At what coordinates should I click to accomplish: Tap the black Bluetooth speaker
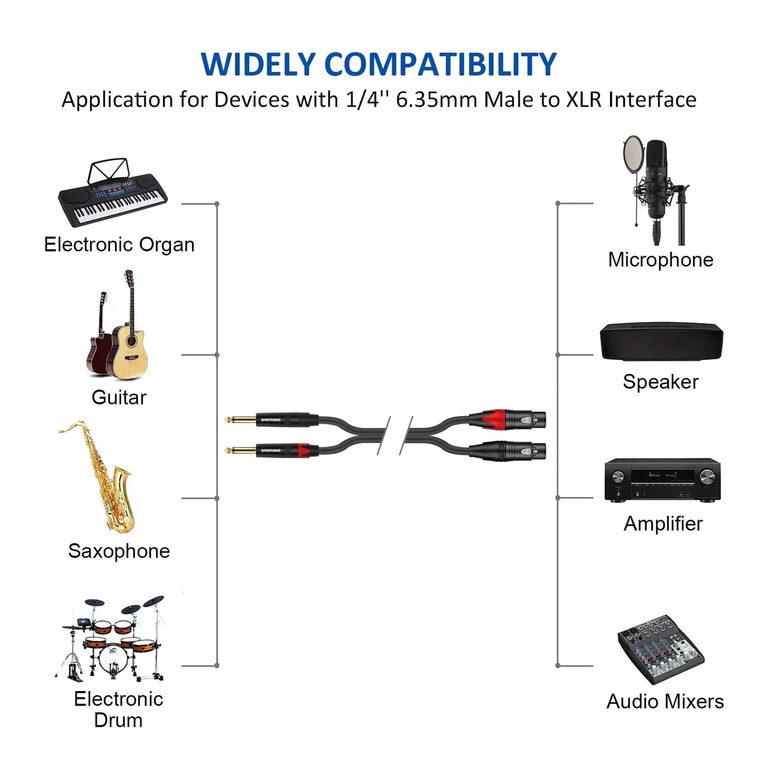pyautogui.click(x=661, y=341)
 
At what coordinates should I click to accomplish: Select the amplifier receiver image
pyautogui.click(x=662, y=479)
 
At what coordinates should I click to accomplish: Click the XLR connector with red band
pyautogui.click(x=508, y=420)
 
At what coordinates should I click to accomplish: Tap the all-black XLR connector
pyautogui.click(x=508, y=451)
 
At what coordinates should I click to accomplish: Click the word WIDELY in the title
pyautogui.click(x=257, y=64)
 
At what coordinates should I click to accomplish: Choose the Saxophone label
pyautogui.click(x=119, y=551)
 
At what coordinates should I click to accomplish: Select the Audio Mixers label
pyautogui.click(x=665, y=701)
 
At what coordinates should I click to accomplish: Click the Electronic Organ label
pyautogui.click(x=119, y=245)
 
